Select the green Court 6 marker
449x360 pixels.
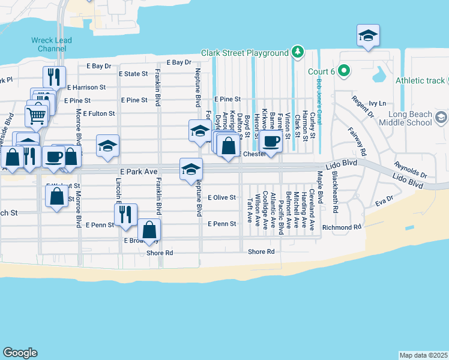[x=343, y=71]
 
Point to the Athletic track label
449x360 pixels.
[x=420, y=80]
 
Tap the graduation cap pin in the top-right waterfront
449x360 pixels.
[x=367, y=36]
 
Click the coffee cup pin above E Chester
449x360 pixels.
[x=271, y=142]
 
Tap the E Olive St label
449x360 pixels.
[x=222, y=197]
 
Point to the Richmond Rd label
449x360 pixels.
[x=342, y=227]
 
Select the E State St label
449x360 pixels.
[x=133, y=74]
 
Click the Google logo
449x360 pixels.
[x=20, y=353]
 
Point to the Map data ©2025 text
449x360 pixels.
[x=423, y=355]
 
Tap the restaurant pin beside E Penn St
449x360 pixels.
[x=125, y=215]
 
